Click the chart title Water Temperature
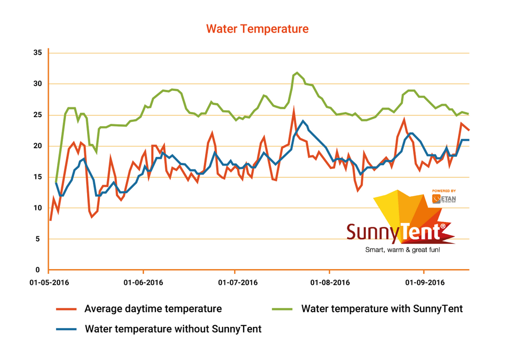[x=258, y=29]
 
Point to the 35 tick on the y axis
[x=38, y=53]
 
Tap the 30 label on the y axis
[x=38, y=84]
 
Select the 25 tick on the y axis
[x=38, y=115]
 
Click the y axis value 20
[x=38, y=146]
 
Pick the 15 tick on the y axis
[x=38, y=177]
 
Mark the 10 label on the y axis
[x=38, y=208]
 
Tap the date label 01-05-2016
[x=49, y=282]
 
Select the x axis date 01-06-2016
[x=143, y=282]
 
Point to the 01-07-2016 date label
[x=235, y=282]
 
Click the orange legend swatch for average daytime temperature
[x=66, y=309]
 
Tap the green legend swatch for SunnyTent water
[x=283, y=309]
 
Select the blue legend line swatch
[x=66, y=329]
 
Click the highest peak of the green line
[x=297, y=73]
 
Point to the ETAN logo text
[x=448, y=199]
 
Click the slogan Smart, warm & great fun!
[x=403, y=249]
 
